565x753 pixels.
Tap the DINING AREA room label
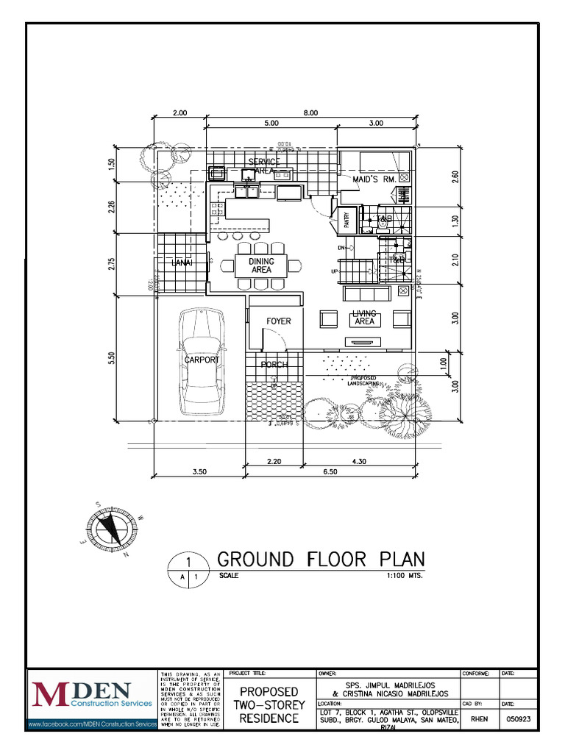pos(261,265)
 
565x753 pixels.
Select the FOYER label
pos(279,321)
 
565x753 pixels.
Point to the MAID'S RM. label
pos(374,179)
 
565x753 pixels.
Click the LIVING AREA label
pos(364,318)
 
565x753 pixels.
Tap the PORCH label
pos(274,365)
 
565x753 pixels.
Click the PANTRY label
pos(344,221)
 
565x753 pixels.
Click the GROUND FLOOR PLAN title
pos(321,559)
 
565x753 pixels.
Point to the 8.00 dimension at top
pos(310,113)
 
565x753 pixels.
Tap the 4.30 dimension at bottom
pos(359,461)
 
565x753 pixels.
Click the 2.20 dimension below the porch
pos(274,461)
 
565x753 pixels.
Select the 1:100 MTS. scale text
pos(405,576)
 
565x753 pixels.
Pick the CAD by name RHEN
pos(480,720)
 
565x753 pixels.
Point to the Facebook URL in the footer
pos(93,725)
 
